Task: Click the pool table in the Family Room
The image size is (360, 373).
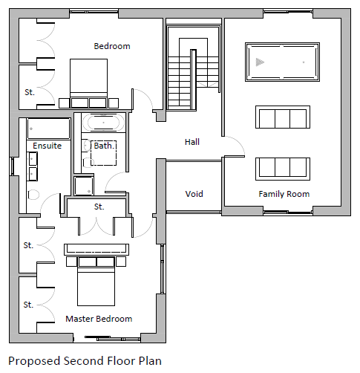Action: pos(282,62)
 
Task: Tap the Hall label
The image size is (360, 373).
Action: pos(192,142)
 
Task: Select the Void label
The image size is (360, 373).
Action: pos(194,194)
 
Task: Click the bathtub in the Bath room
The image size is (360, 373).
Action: pos(103,123)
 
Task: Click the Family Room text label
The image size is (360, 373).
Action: pos(284,194)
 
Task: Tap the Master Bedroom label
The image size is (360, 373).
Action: pos(99,319)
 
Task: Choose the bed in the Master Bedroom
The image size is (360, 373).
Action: pos(96,281)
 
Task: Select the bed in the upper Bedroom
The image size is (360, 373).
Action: pos(88,83)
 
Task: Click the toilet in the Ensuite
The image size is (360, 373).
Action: pos(33,195)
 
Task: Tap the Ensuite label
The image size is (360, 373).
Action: pos(47,146)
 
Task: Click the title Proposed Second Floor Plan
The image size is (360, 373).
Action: pos(85,361)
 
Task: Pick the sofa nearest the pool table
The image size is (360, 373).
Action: pos(283,117)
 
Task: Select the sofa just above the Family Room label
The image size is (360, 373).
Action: pos(283,169)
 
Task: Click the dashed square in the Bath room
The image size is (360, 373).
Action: pos(104,153)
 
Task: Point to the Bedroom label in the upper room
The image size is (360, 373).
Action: pos(112,46)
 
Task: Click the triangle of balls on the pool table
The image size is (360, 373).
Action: pos(260,62)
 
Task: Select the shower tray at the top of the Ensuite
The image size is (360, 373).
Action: pos(48,129)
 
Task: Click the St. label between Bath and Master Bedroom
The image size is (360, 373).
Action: pos(99,207)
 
